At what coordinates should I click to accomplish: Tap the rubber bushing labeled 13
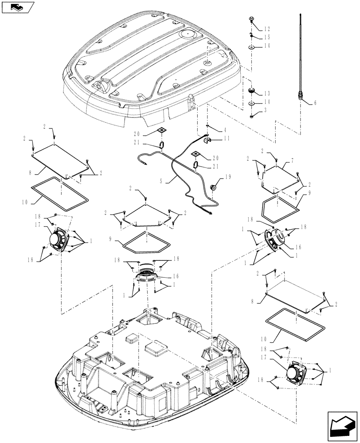click(x=252, y=91)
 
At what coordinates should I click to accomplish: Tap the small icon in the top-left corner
click(x=18, y=7)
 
